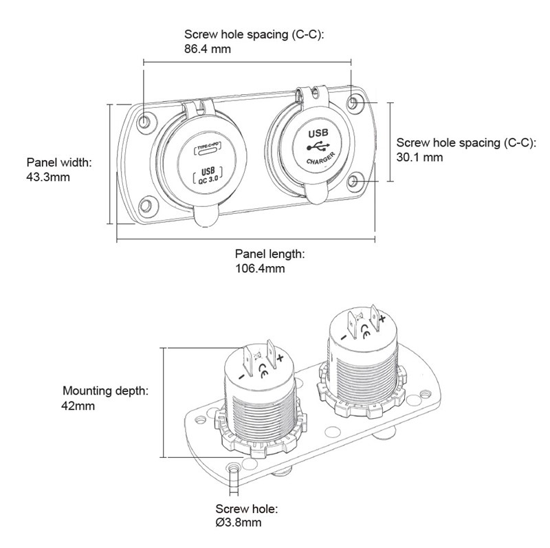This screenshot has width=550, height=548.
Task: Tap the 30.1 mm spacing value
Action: pyautogui.click(x=420, y=157)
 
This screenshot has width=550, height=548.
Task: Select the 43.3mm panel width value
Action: pyautogui.click(x=48, y=177)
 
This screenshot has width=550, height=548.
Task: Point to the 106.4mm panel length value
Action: pyautogui.click(x=260, y=268)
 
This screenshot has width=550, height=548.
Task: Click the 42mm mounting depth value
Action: pyautogui.click(x=78, y=406)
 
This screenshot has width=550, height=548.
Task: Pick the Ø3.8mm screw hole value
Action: pyautogui.click(x=238, y=523)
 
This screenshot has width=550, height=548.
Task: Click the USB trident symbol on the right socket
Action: pyautogui.click(x=318, y=146)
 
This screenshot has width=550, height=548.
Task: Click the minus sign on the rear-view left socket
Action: pyautogui.click(x=241, y=377)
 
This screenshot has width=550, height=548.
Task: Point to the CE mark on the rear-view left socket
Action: pyautogui.click(x=263, y=374)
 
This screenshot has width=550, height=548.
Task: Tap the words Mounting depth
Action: pyautogui.click(x=104, y=391)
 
